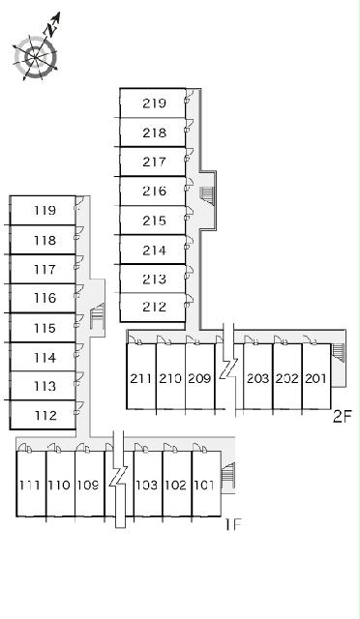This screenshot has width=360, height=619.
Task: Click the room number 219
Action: point(154,103)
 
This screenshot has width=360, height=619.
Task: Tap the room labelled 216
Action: point(154,192)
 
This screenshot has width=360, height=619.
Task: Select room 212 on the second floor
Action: point(154,307)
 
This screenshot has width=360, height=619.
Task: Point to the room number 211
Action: point(141,378)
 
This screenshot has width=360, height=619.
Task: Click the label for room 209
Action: point(199,378)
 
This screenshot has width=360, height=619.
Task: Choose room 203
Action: point(257,378)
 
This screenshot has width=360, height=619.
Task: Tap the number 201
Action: point(315,378)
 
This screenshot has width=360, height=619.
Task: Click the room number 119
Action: point(45,211)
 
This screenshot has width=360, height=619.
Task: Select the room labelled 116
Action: point(45,298)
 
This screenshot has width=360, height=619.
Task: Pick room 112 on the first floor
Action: point(45,415)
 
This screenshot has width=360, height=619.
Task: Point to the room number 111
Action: point(30,485)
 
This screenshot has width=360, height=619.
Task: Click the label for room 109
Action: point(88,485)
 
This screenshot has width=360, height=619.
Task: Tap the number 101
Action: point(204,485)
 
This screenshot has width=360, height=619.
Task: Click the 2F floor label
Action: point(343,417)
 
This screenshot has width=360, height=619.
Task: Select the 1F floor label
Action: point(233,524)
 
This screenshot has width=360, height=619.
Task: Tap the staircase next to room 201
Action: point(339,352)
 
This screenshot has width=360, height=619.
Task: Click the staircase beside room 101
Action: point(228,472)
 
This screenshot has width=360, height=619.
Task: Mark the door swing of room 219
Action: point(189,96)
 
